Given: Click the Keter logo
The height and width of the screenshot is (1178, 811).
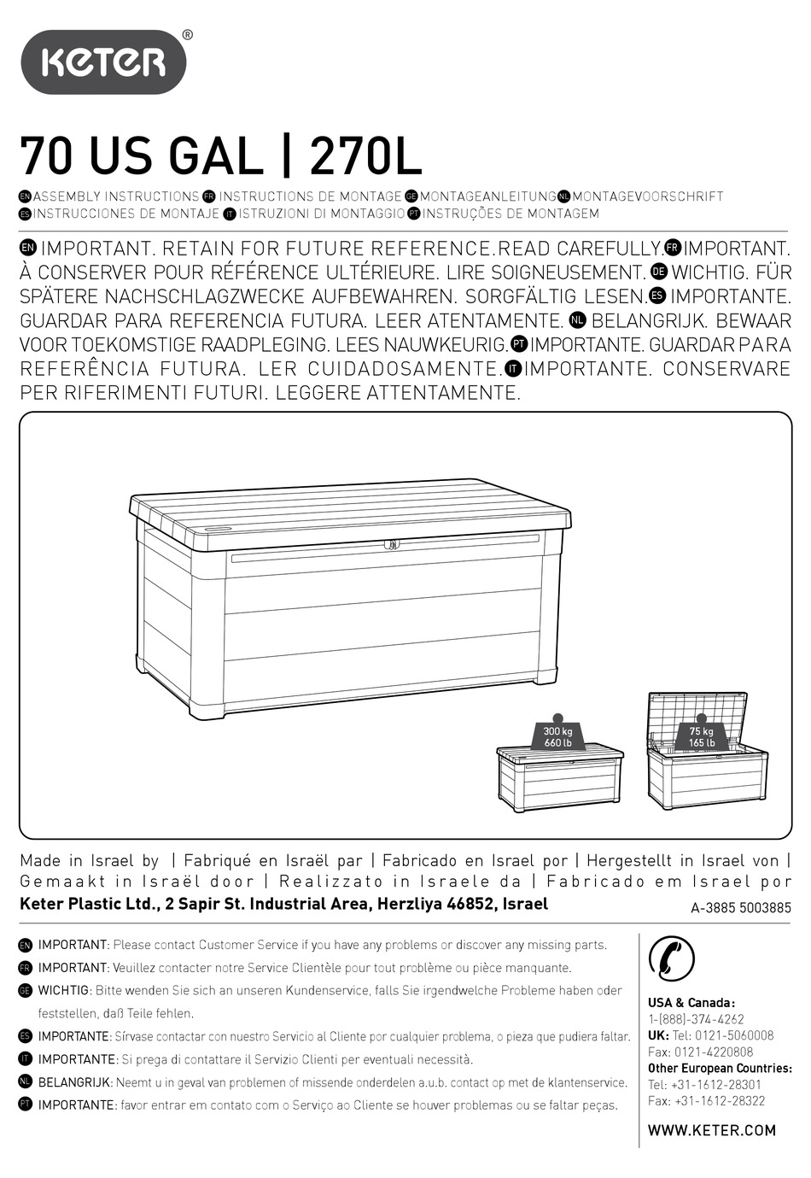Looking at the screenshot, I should (102, 62).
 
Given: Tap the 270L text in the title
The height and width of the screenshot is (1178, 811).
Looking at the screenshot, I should (366, 157).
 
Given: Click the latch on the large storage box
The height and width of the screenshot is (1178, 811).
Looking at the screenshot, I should (392, 543).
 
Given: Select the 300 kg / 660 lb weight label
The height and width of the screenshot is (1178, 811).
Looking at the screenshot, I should (558, 736).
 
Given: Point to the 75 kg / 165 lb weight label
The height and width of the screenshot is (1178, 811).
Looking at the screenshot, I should (702, 736).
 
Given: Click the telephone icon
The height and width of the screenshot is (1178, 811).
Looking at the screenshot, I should (672, 958).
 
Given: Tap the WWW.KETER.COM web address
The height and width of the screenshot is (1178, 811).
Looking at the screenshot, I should (712, 1130).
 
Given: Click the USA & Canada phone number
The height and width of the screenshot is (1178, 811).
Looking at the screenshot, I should (696, 1019).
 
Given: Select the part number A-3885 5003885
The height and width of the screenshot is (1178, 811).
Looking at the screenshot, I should (740, 908).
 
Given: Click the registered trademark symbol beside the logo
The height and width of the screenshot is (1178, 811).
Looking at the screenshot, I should (188, 35).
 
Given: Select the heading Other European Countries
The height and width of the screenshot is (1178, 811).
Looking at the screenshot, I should (720, 1069).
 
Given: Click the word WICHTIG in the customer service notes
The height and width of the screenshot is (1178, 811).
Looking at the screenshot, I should (64, 990).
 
